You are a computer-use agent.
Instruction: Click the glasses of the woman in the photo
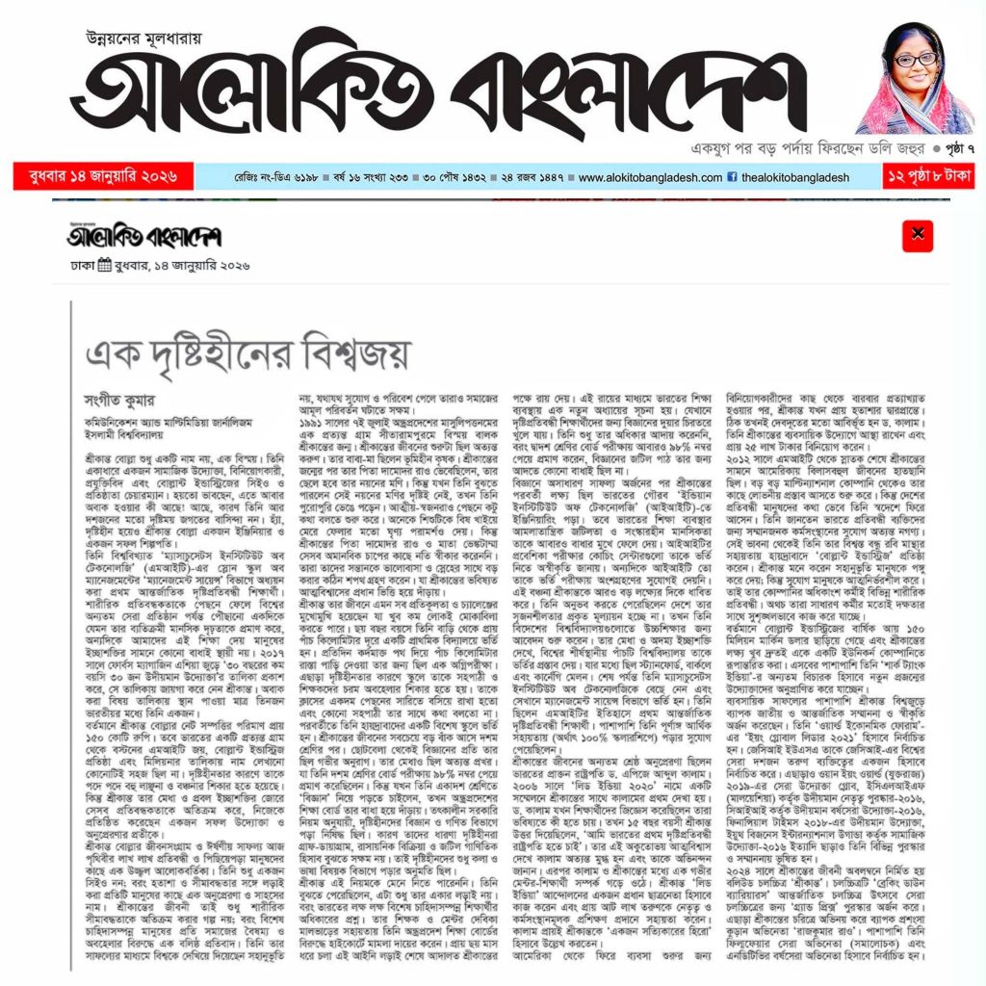914,60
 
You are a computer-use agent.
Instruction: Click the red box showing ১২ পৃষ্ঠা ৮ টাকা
928,177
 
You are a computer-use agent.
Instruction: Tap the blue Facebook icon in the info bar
733,178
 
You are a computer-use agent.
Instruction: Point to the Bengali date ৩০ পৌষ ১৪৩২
454,178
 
